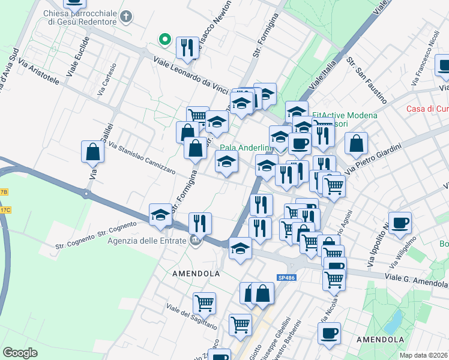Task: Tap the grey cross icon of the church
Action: (126, 16)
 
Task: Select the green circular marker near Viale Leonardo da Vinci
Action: (164, 40)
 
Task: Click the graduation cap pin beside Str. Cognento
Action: (160, 216)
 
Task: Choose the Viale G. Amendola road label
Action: (416, 282)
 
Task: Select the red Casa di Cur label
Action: (427, 109)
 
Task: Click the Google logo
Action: (20, 352)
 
